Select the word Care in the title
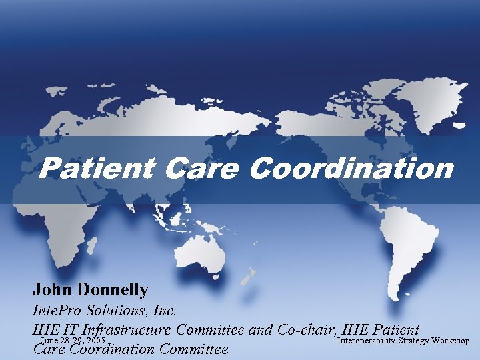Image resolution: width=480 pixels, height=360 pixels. point(203,169)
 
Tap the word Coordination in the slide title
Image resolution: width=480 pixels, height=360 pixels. point(351,169)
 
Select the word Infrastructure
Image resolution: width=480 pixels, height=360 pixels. point(126,329)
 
